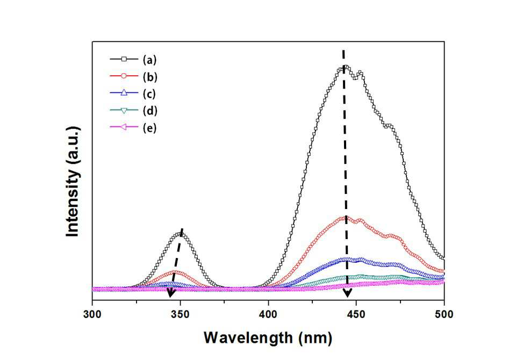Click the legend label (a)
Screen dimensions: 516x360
pyautogui.click(x=149, y=60)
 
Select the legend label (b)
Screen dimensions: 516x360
pyautogui.click(x=150, y=77)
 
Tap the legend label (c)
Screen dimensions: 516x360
pyautogui.click(x=149, y=94)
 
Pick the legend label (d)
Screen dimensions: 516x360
pyautogui.click(x=150, y=111)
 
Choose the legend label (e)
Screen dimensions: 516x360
pyautogui.click(x=149, y=128)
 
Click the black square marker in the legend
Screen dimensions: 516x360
pyautogui.click(x=124, y=59)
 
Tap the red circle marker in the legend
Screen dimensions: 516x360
pyautogui.click(x=124, y=76)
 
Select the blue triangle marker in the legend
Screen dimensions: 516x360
pyautogui.click(x=124, y=93)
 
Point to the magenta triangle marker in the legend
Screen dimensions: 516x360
pyautogui.click(x=124, y=127)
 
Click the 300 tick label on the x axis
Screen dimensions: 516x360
pyautogui.click(x=92, y=314)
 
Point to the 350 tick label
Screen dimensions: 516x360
pyautogui.click(x=181, y=314)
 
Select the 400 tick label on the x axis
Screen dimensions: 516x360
pyautogui.click(x=268, y=314)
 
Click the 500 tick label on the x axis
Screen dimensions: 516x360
pyautogui.click(x=444, y=314)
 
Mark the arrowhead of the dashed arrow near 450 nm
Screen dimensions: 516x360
pyautogui.click(x=348, y=293)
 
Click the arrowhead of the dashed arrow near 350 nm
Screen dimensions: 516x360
pyautogui.click(x=170, y=292)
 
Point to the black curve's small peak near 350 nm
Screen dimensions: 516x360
pyautogui.click(x=180, y=234)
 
